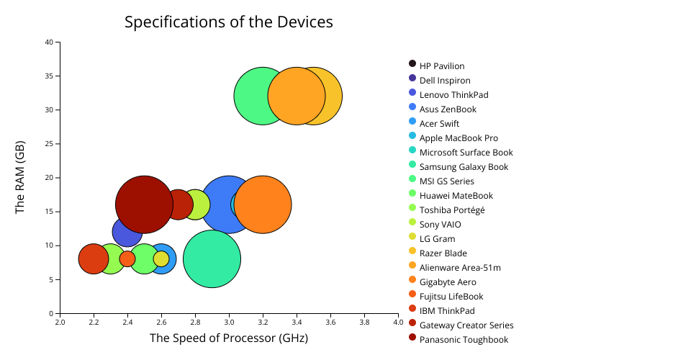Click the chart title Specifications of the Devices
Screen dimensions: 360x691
(229, 22)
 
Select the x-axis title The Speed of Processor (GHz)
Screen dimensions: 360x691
(229, 338)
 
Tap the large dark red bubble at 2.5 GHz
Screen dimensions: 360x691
(144, 204)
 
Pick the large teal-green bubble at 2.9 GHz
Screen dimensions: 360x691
(212, 259)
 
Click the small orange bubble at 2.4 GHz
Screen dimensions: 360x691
(127, 259)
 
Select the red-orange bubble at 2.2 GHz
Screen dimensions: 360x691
(94, 259)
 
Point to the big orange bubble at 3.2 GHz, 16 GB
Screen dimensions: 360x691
(263, 204)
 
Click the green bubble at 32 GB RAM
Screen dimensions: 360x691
(252, 96)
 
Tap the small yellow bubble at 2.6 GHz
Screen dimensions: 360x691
(161, 258)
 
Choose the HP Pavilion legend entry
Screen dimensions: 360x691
(442, 66)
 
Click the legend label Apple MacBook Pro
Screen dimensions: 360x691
(459, 138)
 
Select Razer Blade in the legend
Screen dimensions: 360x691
(443, 253)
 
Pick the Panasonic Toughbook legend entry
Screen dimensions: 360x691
(464, 340)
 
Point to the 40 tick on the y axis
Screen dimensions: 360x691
(50, 42)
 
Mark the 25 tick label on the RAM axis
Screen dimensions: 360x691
(50, 144)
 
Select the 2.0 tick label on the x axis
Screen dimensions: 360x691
(60, 322)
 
